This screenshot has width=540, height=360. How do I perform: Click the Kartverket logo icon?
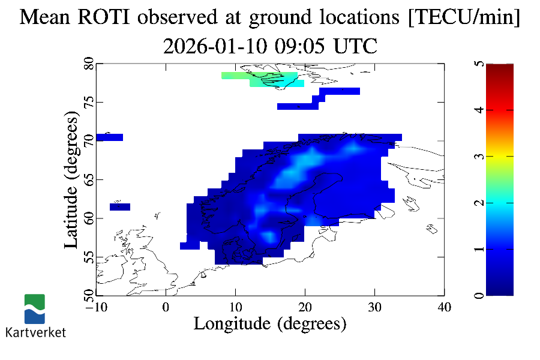point(35,308)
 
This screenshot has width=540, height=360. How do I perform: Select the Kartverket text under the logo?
point(35,332)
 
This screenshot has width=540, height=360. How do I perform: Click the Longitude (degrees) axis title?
point(270,324)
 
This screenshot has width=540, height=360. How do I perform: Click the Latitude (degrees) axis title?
point(71,183)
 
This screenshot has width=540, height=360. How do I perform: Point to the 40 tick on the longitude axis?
point(444,307)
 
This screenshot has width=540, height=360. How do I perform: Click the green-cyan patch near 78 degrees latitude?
point(264,79)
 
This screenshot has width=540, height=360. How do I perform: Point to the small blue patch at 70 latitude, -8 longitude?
point(109,137)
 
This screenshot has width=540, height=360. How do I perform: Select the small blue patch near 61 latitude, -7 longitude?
point(120,207)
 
